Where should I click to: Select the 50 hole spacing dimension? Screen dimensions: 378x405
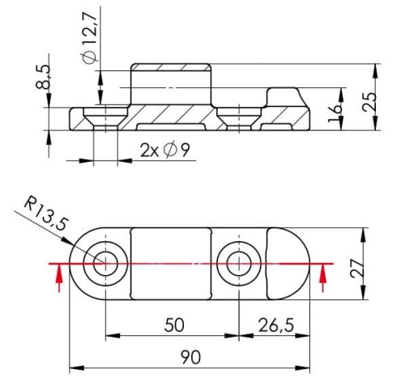point(172,325)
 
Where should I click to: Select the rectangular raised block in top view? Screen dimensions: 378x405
point(172,262)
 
